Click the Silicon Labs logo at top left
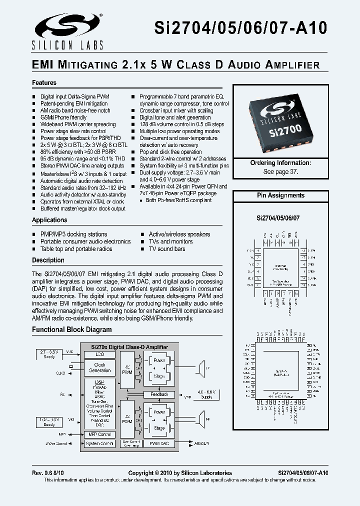67,31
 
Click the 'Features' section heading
44,83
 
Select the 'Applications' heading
49,220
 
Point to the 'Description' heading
48,260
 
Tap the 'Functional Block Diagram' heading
72,330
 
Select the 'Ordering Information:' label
280,163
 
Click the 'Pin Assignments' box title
280,195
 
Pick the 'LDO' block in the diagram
99,354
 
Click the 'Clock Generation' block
99,367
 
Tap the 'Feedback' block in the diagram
159,394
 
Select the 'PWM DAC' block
159,443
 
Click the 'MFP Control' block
99,434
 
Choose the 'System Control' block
99,443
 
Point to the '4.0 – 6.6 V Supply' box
207,394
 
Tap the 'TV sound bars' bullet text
167,249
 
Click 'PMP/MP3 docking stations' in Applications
73,234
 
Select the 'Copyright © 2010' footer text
180,473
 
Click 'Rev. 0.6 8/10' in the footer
48,473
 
